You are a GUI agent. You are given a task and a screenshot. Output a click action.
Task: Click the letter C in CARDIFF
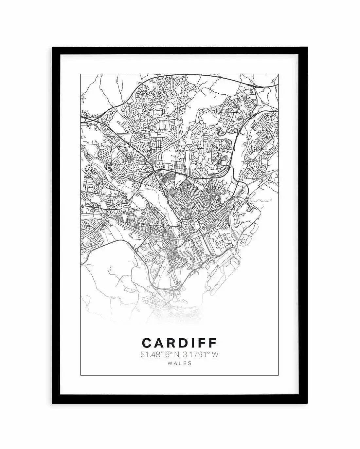[x=146, y=343]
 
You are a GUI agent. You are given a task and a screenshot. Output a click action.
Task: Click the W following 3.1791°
[x=214, y=354]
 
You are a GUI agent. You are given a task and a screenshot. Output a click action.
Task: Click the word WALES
[x=179, y=363]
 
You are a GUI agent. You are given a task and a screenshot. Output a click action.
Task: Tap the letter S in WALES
[x=190, y=363]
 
